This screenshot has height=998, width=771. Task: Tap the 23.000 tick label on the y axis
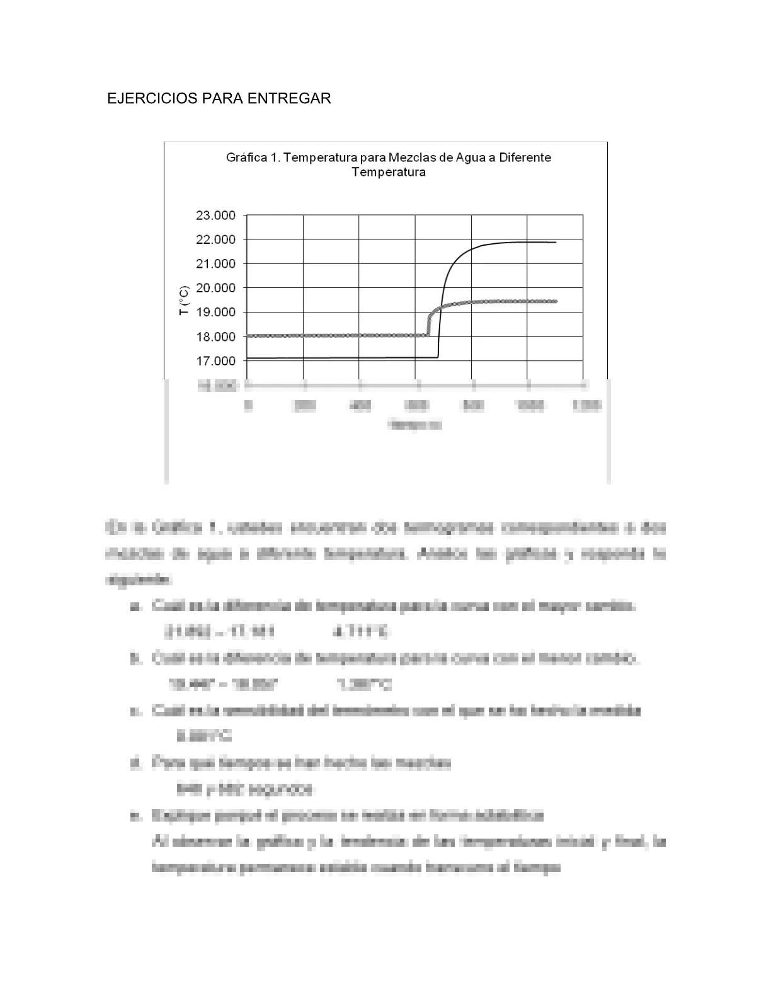pyautogui.click(x=215, y=215)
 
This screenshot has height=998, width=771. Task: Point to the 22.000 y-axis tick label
pyautogui.click(x=215, y=240)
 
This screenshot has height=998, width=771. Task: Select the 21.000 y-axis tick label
pyautogui.click(x=215, y=264)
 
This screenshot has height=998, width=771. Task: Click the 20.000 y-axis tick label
pyautogui.click(x=215, y=288)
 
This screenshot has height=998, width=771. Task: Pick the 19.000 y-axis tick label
pyautogui.click(x=215, y=313)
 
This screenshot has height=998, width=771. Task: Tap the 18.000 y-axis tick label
pyautogui.click(x=215, y=337)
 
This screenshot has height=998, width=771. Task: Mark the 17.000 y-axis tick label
pyautogui.click(x=215, y=361)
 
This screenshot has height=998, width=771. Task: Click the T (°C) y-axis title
pyautogui.click(x=184, y=301)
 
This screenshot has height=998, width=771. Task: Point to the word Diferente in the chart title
pyautogui.click(x=525, y=158)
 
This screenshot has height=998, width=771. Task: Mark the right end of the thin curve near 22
pyautogui.click(x=554, y=242)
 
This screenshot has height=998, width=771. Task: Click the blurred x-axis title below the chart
pyautogui.click(x=416, y=425)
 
